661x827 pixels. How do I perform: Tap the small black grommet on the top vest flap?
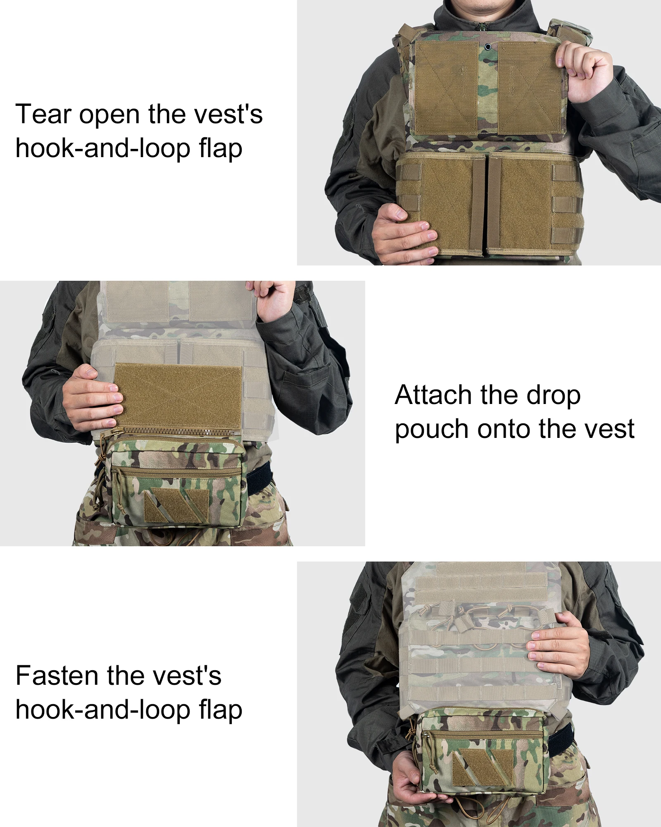click(x=488, y=47)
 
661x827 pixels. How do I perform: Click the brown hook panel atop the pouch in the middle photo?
click(x=178, y=397)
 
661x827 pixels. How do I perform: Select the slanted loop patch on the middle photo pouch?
click(x=176, y=505)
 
